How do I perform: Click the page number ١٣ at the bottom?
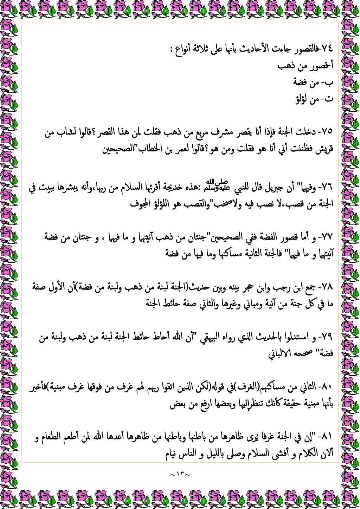pos(180,475)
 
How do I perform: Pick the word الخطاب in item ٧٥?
pos(149,149)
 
